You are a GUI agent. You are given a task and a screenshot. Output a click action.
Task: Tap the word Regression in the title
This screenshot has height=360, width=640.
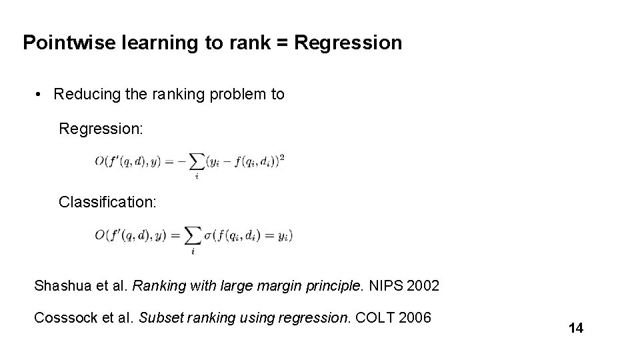(x=347, y=43)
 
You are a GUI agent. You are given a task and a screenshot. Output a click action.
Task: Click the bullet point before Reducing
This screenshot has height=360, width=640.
(x=41, y=95)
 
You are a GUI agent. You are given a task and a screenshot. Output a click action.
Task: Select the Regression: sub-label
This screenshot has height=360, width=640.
(x=101, y=128)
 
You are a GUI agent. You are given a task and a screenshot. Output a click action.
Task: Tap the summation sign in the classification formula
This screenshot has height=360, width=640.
(x=192, y=236)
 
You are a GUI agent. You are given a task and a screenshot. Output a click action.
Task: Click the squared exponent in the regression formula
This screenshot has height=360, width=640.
(x=282, y=157)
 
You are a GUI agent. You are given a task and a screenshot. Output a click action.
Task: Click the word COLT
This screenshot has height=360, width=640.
(x=377, y=318)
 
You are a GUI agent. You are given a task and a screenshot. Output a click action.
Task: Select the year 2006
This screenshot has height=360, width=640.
(x=415, y=318)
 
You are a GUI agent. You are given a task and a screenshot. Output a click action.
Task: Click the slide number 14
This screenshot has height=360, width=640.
(x=576, y=328)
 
